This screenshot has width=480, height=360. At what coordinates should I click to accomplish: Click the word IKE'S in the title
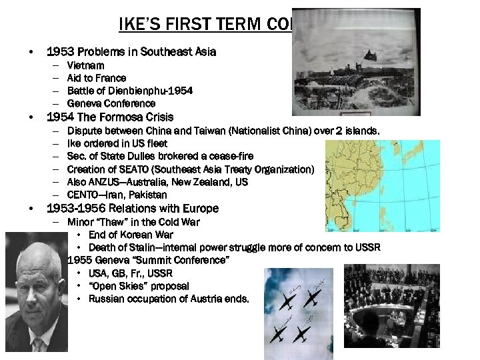137,25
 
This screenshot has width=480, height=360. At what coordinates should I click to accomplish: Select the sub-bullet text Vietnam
85,65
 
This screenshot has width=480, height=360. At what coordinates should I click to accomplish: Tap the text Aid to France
97,78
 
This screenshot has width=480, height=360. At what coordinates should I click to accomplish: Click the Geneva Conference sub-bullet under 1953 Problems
111,103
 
